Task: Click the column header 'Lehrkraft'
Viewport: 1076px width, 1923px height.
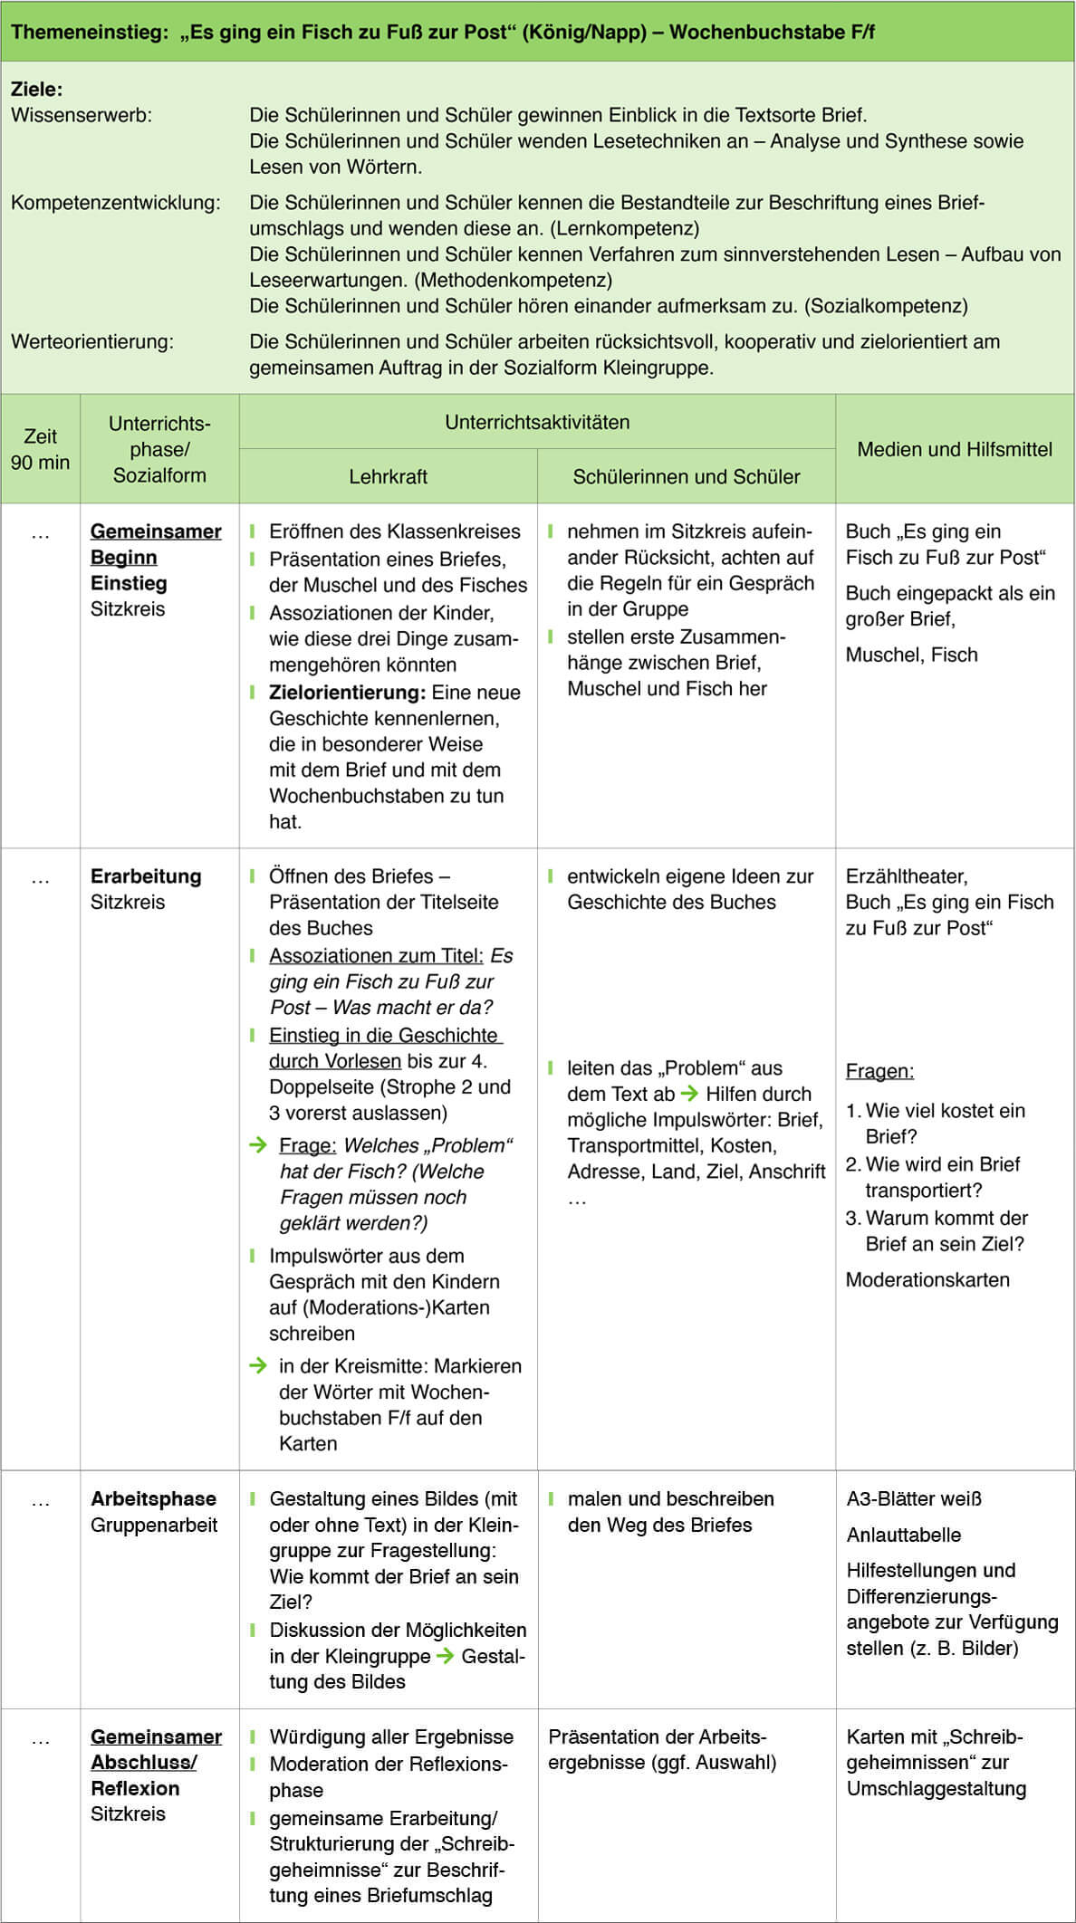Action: tap(388, 476)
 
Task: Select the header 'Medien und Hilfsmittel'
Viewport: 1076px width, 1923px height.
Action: tap(955, 449)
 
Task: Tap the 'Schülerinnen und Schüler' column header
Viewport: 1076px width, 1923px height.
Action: tap(686, 476)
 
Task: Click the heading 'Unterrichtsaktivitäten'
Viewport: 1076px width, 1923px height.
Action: tap(537, 422)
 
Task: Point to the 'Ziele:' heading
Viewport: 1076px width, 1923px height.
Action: tap(37, 89)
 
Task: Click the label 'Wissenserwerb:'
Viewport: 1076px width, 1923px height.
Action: tap(82, 115)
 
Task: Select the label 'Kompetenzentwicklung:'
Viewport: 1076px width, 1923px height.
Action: tap(116, 203)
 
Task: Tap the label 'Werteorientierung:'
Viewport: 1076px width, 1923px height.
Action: tap(92, 341)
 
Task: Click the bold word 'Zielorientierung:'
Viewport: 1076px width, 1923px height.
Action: tap(347, 693)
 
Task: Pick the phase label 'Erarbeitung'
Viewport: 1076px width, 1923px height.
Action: tap(146, 876)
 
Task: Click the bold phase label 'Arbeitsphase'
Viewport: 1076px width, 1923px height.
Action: tap(153, 1498)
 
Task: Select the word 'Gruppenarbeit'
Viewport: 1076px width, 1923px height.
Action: tap(154, 1525)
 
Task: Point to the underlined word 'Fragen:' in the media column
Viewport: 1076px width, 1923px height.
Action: tap(879, 1071)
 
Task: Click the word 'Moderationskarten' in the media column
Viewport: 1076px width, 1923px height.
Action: tap(927, 1279)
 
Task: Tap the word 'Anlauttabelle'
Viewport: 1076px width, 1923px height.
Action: tap(904, 1535)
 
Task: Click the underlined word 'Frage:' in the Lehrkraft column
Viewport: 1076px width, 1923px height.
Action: tap(308, 1145)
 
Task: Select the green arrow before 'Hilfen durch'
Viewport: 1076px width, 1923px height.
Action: tap(689, 1094)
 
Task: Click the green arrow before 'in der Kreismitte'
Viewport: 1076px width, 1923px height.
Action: tap(258, 1365)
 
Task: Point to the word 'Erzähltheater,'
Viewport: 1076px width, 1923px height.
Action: tap(907, 876)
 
